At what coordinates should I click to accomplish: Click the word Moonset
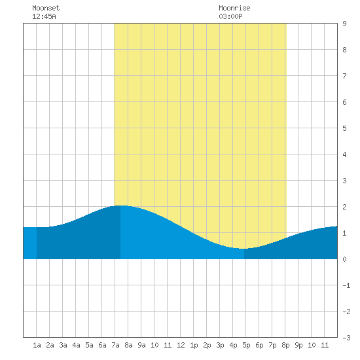pos(46,8)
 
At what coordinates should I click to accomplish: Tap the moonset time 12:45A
pos(44,16)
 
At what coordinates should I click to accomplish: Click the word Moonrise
pos(234,8)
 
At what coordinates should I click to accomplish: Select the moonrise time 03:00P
pos(230,16)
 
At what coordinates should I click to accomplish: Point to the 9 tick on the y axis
pos(344,24)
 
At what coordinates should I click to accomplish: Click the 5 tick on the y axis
pos(344,128)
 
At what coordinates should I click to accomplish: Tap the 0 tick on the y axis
pos(344,259)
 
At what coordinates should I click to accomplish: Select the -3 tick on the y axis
pos(346,338)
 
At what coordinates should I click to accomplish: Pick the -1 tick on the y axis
pos(346,285)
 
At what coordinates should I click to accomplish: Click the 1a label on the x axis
pos(37,345)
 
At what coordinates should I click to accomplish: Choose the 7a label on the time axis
pos(115,345)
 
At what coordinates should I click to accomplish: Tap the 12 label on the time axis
pos(181,345)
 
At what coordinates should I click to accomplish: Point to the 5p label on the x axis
pos(246,345)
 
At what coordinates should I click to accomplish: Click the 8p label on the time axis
pos(285,345)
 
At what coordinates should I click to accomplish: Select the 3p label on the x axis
pos(220,345)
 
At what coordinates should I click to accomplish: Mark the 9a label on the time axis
pos(141,345)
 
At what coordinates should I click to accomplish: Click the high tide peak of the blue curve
pos(120,206)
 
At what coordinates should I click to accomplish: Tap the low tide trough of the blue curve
pos(244,249)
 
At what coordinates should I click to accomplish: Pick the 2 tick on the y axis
pos(344,207)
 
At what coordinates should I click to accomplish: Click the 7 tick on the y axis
pos(344,76)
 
